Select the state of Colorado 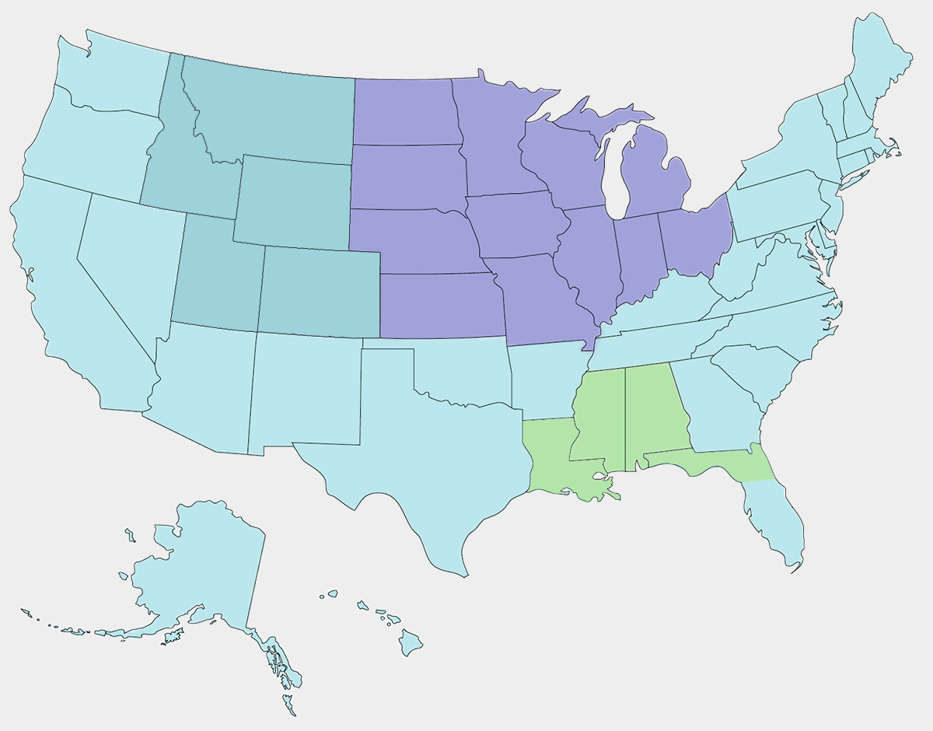tap(319, 292)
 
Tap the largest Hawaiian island tap(411, 643)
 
